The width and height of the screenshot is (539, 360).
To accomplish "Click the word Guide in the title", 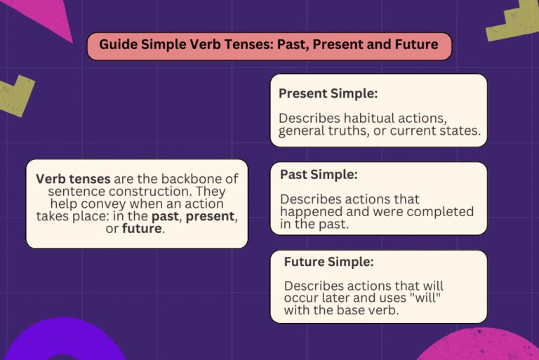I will (x=117, y=45).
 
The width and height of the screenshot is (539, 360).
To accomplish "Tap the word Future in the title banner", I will (x=415, y=45).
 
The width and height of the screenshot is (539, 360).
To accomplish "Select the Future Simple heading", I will (x=328, y=262).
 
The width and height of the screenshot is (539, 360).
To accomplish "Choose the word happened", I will (x=310, y=212).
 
